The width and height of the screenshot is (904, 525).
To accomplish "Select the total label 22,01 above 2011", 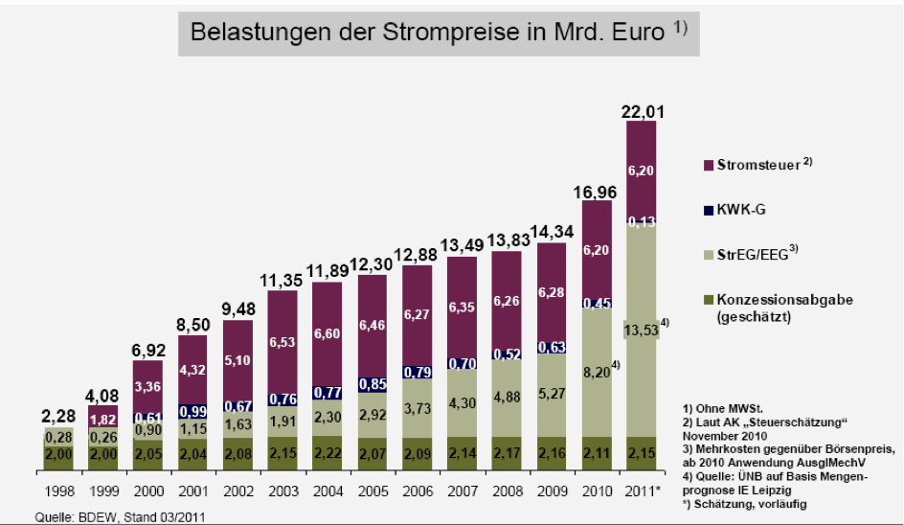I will point(643,111).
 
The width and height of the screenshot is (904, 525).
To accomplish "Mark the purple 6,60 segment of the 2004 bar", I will point(328,333).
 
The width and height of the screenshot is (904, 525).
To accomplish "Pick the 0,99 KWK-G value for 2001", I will point(192,410).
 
